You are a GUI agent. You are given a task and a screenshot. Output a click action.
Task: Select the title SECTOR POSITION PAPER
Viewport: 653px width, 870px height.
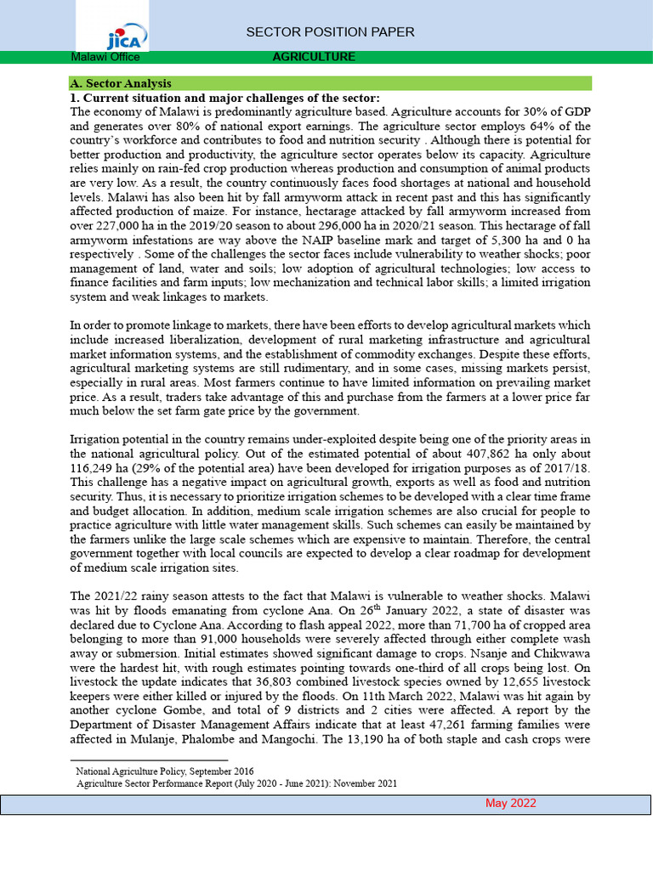330,32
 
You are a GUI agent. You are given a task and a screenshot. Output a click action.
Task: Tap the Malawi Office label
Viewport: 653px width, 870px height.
105,57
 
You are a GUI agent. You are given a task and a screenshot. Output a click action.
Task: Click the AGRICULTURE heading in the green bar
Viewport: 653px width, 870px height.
314,57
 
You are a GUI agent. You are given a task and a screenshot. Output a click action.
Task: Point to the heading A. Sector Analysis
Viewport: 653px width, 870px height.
120,83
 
